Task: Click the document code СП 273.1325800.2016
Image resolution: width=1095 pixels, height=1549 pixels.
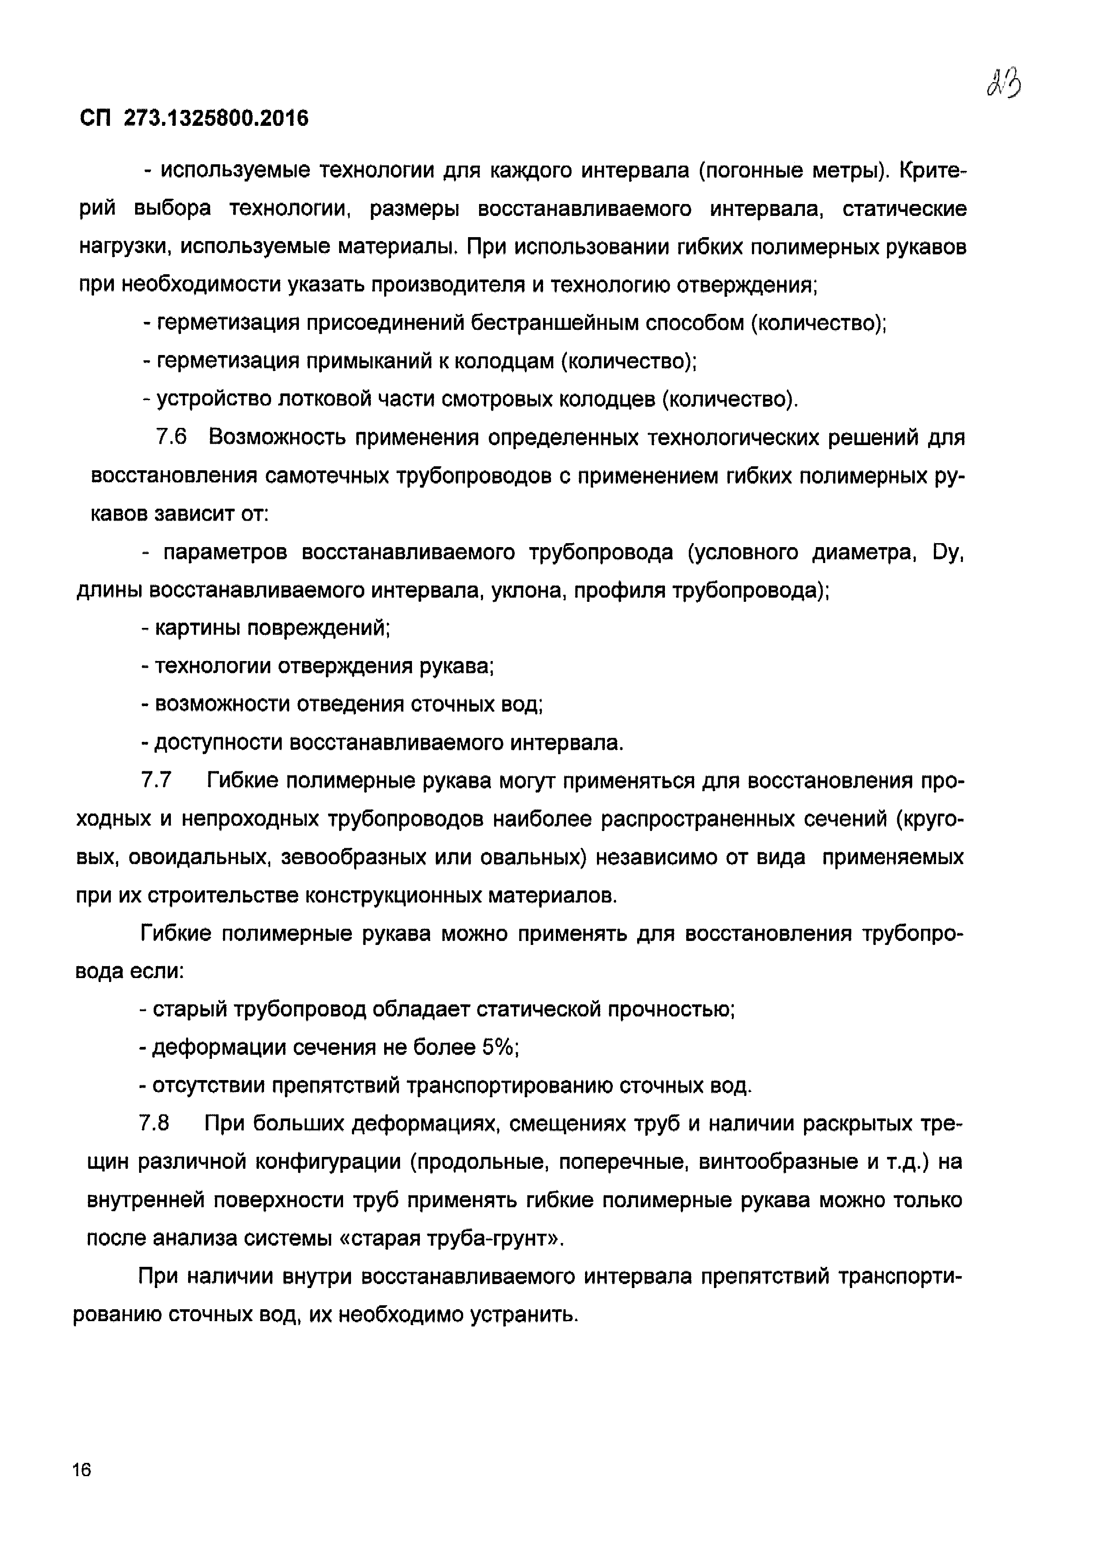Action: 194,119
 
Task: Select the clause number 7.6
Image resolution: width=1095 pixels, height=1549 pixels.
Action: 171,438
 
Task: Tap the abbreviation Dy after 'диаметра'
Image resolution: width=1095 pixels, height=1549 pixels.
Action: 948,553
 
